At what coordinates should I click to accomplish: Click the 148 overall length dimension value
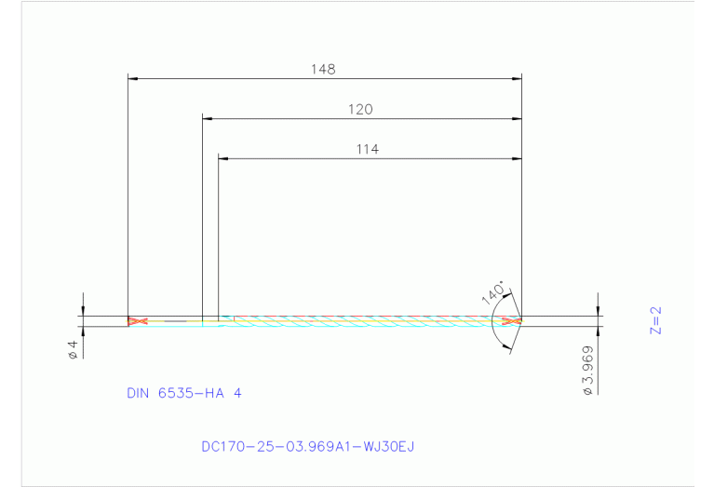point(324,69)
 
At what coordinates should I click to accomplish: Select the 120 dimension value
point(360,109)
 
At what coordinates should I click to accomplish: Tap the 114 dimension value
point(367,148)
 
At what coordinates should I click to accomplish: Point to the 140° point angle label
point(493,291)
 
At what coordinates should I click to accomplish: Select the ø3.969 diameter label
point(587,371)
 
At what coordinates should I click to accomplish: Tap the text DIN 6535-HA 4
point(183,393)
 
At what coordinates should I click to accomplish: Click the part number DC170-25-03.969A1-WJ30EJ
point(307,446)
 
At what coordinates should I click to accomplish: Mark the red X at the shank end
point(137,321)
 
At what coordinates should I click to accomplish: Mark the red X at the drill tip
point(509,321)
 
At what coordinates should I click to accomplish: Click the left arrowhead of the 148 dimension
point(132,79)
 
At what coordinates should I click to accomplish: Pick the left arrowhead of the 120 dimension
point(208,119)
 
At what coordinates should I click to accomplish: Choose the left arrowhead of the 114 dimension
point(222,158)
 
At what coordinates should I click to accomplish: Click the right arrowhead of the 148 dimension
point(517,79)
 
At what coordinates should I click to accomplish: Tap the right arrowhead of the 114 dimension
point(517,158)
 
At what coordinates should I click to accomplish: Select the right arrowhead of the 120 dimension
point(517,119)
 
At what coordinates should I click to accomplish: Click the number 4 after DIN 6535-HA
point(237,393)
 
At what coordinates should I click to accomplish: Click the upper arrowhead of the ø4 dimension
point(83,311)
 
